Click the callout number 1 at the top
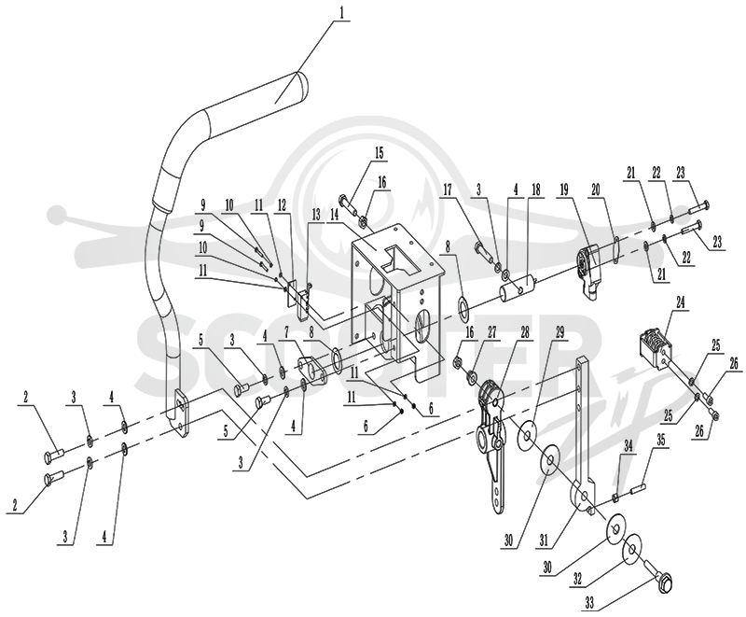(x=340, y=13)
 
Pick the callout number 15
(x=379, y=153)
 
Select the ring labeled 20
(x=615, y=249)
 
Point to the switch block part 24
(x=653, y=343)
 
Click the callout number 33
(x=589, y=604)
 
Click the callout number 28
(x=524, y=333)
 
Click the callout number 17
(x=448, y=189)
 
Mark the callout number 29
(x=559, y=333)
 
